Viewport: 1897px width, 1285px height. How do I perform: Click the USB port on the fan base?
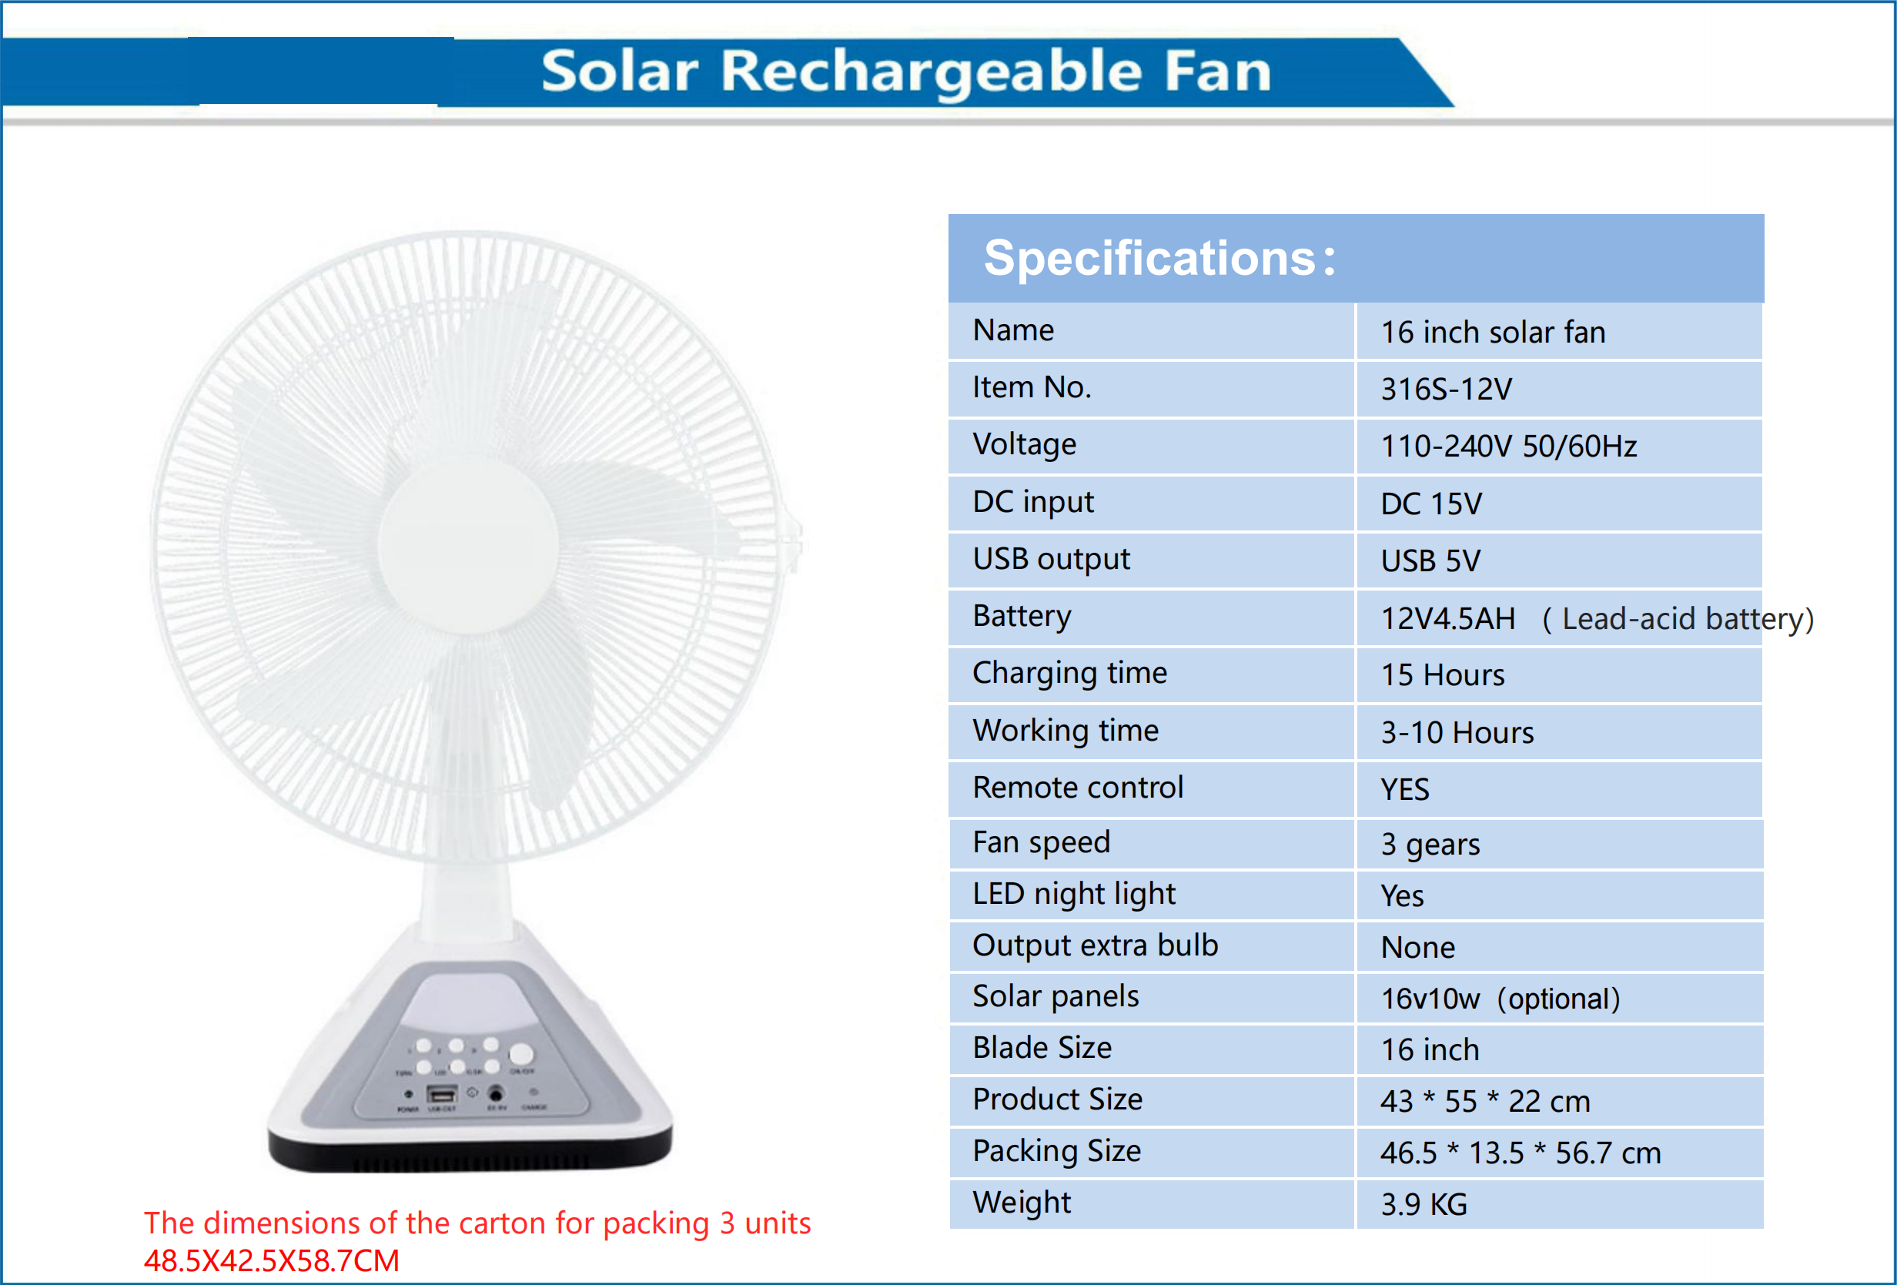click(442, 1094)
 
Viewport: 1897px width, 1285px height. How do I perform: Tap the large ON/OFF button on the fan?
click(520, 1054)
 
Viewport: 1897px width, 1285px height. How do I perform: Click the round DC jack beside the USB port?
click(496, 1093)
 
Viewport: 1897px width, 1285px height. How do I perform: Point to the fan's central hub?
click(469, 542)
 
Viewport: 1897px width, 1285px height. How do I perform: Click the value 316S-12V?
click(1447, 390)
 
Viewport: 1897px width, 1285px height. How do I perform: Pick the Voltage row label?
click(1025, 445)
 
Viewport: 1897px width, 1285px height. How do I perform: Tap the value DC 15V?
click(1431, 504)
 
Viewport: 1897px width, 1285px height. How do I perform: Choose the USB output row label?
click(1052, 559)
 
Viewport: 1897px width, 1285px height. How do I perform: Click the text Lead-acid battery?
click(1686, 619)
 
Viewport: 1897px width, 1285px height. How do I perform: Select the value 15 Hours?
click(1442, 675)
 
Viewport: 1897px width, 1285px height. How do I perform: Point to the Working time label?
click(1066, 731)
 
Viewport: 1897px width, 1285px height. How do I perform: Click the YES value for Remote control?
click(1405, 789)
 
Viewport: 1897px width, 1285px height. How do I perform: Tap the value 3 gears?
click(1430, 844)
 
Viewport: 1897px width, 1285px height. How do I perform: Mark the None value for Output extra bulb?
click(1418, 947)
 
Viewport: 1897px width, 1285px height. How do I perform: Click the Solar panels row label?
click(1056, 997)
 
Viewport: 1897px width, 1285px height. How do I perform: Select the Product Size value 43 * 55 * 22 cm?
click(1485, 1101)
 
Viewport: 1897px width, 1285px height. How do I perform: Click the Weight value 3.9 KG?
click(1424, 1204)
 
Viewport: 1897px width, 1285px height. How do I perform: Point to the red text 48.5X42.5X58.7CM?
click(271, 1260)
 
